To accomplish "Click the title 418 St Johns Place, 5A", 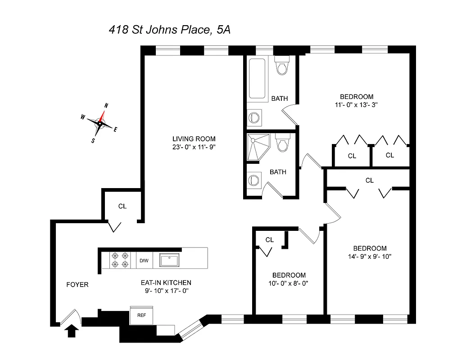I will [x=170, y=30].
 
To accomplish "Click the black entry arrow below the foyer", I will [x=72, y=332].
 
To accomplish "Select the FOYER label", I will [x=77, y=284].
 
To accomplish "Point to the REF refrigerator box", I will [x=141, y=315].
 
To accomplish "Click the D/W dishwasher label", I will [x=144, y=261].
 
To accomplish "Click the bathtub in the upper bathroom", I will [x=258, y=78].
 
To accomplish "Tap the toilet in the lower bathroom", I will [x=283, y=144].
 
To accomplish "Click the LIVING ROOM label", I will [x=194, y=139].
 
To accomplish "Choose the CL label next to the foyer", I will [x=122, y=207].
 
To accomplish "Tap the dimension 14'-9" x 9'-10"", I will [x=370, y=256].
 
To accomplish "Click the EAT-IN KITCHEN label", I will [x=166, y=283].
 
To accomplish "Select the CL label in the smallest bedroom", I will [x=269, y=240].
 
